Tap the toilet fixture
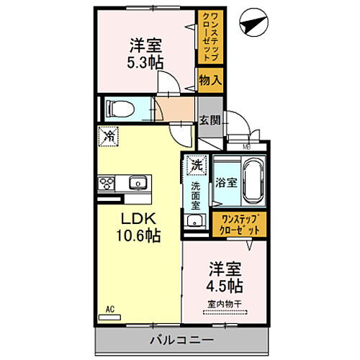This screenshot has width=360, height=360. [117, 109]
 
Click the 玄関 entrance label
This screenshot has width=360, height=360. [210, 120]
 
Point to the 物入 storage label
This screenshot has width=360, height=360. [210, 81]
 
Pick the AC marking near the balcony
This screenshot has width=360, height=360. [111, 310]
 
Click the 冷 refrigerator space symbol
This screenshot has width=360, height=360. [110, 135]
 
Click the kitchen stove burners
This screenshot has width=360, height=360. [107, 184]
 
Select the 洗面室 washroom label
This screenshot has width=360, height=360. [195, 192]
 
